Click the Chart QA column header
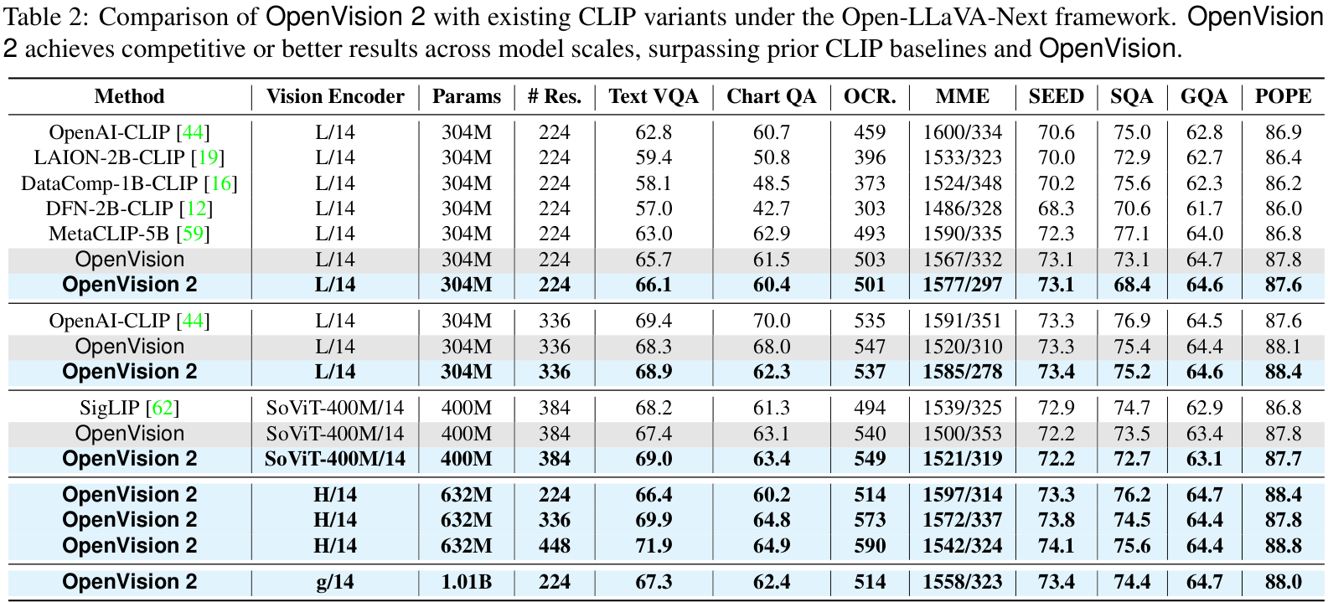coord(771,96)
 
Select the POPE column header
coord(1283,96)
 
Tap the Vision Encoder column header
coord(335,96)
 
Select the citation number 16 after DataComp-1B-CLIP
coord(221,183)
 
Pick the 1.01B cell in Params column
coord(466,582)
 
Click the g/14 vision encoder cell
coord(335,582)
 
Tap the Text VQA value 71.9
coord(654,546)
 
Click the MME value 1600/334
coord(962,132)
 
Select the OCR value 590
coord(870,546)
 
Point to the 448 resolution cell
coord(554,546)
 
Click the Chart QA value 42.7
coord(771,208)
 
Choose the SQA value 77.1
coord(1131,234)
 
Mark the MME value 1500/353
coord(962,434)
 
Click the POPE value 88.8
coord(1283,546)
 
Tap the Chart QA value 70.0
coord(771,321)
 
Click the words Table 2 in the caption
coord(40,18)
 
